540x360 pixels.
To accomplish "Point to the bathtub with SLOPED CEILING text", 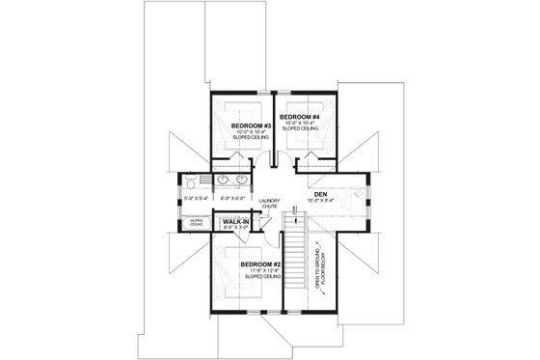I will coord(196,224).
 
